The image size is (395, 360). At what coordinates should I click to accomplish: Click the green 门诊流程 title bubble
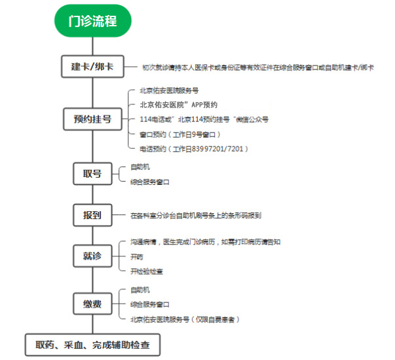pyautogui.click(x=93, y=21)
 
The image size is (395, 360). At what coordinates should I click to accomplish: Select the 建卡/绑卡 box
pyautogui.click(x=93, y=66)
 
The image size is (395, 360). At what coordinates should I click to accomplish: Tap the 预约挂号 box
pyautogui.click(x=93, y=119)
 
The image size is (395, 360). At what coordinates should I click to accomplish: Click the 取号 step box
pyautogui.click(x=92, y=174)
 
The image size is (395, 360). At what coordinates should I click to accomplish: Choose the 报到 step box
pyautogui.click(x=92, y=215)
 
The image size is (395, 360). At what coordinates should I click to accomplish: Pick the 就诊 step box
pyautogui.click(x=92, y=256)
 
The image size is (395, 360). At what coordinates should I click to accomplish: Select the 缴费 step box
pyautogui.click(x=92, y=304)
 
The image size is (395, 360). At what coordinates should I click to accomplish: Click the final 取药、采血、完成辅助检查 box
pyautogui.click(x=92, y=345)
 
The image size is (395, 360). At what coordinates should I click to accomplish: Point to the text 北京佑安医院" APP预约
pyautogui.click(x=179, y=105)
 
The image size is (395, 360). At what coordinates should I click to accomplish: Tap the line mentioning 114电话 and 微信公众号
pyautogui.click(x=204, y=119)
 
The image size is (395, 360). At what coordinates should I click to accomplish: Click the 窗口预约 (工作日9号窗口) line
pyautogui.click(x=180, y=134)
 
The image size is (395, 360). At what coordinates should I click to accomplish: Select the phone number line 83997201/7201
pyautogui.click(x=194, y=149)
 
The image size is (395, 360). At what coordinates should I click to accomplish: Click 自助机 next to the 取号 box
pyautogui.click(x=140, y=167)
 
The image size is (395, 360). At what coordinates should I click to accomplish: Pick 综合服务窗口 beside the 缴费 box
pyautogui.click(x=149, y=304)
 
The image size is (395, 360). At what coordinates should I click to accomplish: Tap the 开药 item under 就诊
pyautogui.click(x=136, y=257)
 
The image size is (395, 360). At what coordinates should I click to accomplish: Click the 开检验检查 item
pyautogui.click(x=147, y=271)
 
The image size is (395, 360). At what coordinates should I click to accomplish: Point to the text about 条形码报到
pyautogui.click(x=196, y=215)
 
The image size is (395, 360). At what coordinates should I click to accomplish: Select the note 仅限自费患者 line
pyautogui.click(x=185, y=319)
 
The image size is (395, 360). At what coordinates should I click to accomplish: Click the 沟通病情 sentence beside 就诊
pyautogui.click(x=205, y=242)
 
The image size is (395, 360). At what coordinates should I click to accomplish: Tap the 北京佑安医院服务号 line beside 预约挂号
pyautogui.click(x=169, y=90)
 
